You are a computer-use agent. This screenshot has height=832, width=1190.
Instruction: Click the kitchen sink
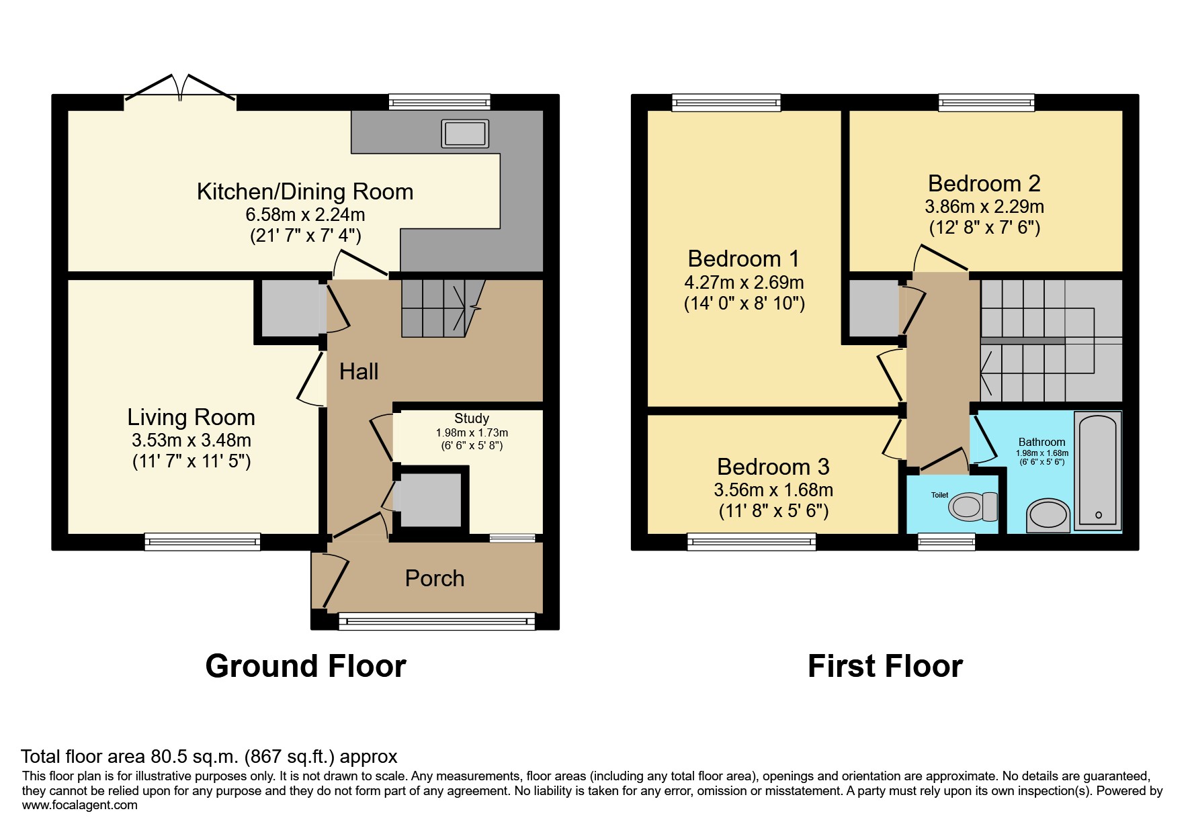click(x=465, y=134)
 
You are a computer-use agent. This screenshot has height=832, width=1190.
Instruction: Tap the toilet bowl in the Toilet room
click(x=974, y=506)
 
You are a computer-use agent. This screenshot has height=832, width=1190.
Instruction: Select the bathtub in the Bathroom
click(x=1099, y=469)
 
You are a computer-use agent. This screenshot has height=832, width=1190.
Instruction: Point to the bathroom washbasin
click(x=1048, y=516)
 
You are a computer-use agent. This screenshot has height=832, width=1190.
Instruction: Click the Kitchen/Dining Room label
click(x=305, y=192)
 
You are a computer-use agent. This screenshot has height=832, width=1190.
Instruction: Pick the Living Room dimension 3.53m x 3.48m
click(x=192, y=441)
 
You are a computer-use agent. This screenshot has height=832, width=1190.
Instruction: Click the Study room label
click(x=472, y=418)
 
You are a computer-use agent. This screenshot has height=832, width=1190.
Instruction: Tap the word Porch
click(x=435, y=578)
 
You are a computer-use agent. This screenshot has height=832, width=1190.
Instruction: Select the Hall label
click(x=359, y=371)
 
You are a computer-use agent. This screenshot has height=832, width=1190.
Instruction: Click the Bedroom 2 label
click(x=984, y=183)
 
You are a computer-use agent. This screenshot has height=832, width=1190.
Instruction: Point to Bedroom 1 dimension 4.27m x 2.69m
click(x=744, y=282)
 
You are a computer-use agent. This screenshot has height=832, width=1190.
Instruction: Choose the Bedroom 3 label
click(x=773, y=467)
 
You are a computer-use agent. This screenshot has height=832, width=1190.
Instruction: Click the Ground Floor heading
click(x=306, y=666)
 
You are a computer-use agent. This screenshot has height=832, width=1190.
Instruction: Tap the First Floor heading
click(x=885, y=666)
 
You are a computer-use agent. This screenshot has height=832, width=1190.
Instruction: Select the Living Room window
click(x=202, y=542)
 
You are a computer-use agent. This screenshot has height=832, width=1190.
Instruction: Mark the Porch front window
click(x=437, y=621)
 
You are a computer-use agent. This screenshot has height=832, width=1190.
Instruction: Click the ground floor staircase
click(x=443, y=308)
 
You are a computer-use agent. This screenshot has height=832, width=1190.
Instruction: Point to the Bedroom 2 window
click(x=986, y=103)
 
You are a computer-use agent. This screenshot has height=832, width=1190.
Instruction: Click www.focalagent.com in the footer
click(x=80, y=805)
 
